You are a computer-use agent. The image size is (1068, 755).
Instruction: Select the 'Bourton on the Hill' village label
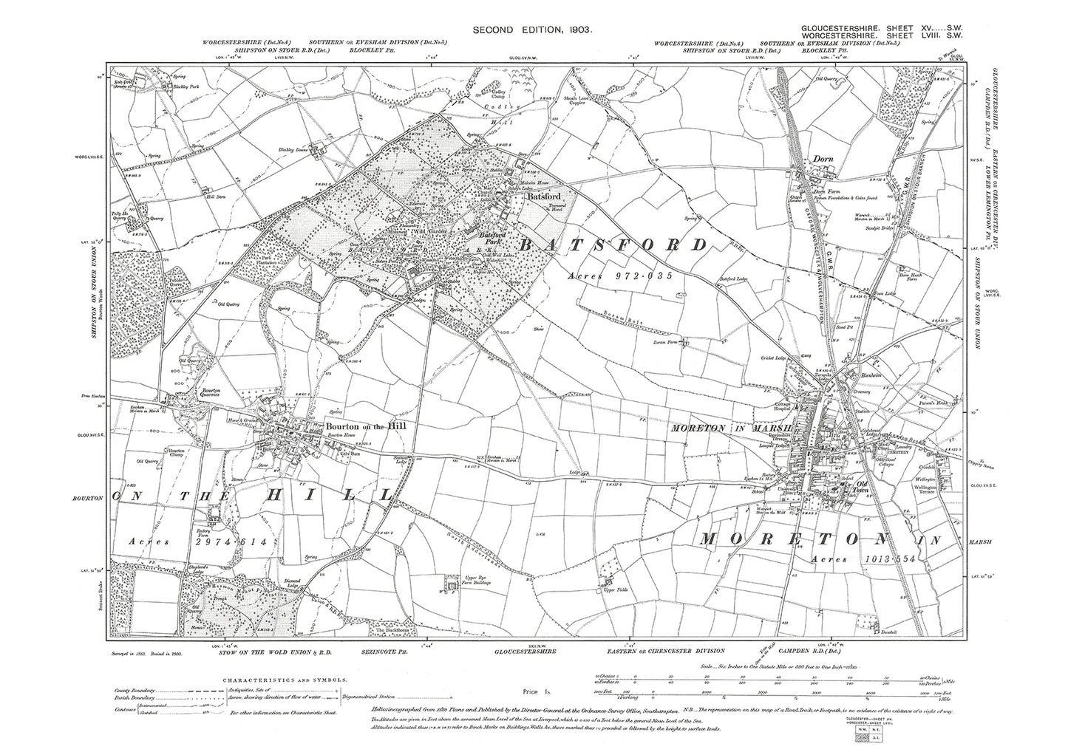tap(361, 427)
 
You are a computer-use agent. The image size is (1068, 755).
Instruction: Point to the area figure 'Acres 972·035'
tap(621, 276)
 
